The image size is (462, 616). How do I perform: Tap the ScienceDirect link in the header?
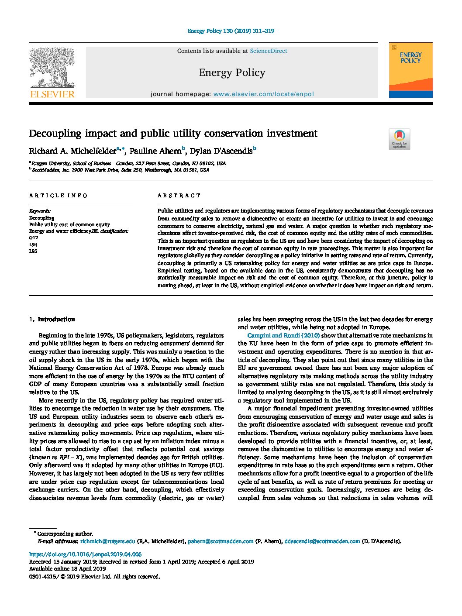coord(268,51)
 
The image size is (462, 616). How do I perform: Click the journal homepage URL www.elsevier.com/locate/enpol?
coord(263,94)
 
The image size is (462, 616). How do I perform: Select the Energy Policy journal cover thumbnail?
coord(410,70)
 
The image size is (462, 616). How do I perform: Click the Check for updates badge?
coord(399,139)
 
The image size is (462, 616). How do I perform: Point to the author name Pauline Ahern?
coord(155,151)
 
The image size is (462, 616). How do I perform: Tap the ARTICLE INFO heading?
coord(59,196)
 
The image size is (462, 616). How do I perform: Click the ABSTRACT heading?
coord(179,196)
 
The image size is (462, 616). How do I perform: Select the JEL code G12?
coord(34,237)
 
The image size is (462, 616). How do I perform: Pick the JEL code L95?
coord(33,251)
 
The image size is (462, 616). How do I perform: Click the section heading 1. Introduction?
coord(52,320)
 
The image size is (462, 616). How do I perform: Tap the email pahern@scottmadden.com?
coord(221,541)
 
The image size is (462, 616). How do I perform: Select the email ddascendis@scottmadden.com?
coord(322,541)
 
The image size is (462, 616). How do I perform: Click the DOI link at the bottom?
coord(85,554)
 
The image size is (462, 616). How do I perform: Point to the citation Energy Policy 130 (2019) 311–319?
coord(231,31)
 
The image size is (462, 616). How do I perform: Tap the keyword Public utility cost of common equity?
coord(69,224)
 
